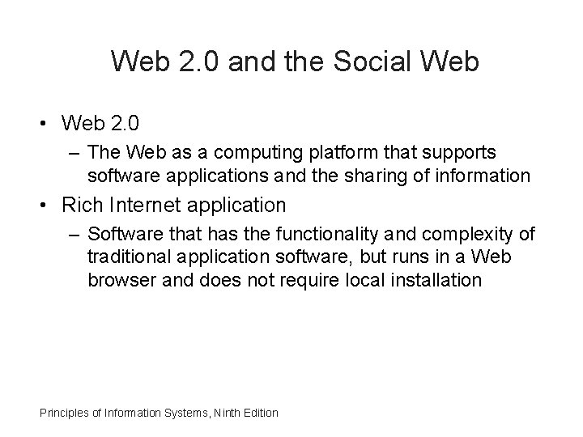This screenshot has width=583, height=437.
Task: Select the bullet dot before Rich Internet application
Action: click(x=38, y=206)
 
